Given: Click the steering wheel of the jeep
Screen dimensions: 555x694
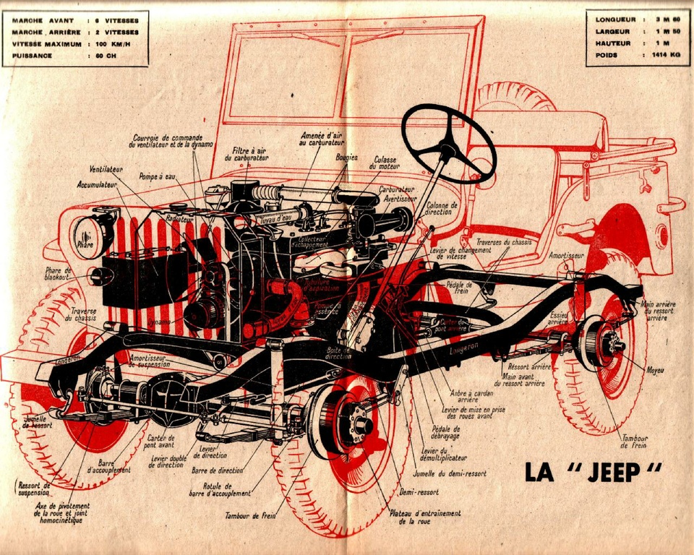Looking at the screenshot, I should click(x=448, y=144).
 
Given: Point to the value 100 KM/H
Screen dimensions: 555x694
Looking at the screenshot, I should click(x=117, y=44).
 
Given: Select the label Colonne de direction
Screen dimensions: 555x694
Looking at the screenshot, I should click(x=442, y=209).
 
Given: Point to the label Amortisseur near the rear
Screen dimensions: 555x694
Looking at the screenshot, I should click(x=565, y=255).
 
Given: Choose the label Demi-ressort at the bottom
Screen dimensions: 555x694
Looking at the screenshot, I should click(x=419, y=491).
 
